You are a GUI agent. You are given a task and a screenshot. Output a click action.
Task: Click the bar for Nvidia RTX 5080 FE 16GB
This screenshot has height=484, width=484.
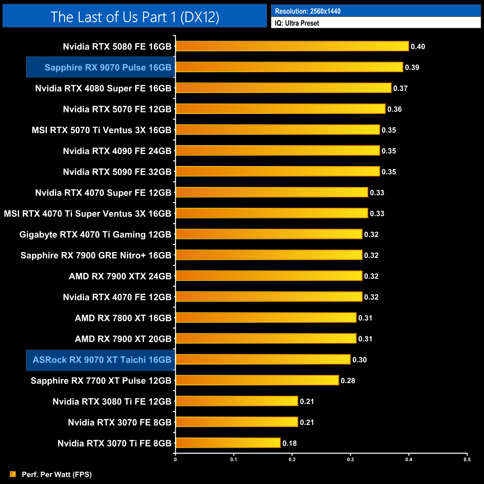[x=292, y=46]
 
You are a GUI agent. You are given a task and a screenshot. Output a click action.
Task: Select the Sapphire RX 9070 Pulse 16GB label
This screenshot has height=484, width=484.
[x=108, y=67]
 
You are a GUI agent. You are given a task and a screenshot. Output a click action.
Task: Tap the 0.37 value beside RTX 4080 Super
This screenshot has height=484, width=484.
[x=400, y=88]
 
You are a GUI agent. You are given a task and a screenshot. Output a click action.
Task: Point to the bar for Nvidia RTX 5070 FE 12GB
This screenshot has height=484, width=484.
[x=280, y=109]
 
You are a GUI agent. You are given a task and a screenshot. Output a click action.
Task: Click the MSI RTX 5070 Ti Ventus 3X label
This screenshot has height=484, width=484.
[x=101, y=130]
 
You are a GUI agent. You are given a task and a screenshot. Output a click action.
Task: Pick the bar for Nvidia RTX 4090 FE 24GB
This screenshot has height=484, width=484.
[x=278, y=150]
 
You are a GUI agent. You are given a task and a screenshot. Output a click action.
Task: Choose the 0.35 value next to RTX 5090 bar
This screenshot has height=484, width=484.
[x=389, y=172]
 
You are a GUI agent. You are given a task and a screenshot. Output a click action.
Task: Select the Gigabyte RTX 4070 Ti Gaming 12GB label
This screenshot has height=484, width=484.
[x=95, y=235]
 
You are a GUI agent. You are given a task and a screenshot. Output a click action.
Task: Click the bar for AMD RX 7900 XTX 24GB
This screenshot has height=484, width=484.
[x=269, y=276]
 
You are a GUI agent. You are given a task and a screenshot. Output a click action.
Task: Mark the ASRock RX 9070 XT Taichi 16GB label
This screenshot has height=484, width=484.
[x=102, y=360]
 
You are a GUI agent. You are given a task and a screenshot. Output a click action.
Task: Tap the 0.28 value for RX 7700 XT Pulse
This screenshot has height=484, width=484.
[x=348, y=380]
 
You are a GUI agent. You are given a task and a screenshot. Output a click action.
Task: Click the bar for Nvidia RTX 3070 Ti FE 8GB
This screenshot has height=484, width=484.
[x=228, y=443]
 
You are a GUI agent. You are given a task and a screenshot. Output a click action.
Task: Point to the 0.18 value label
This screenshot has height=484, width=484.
[x=290, y=443]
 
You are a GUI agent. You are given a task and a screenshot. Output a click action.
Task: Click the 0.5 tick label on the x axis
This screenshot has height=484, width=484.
[x=467, y=459]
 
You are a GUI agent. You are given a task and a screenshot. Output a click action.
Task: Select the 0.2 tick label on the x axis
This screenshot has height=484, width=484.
[x=292, y=459]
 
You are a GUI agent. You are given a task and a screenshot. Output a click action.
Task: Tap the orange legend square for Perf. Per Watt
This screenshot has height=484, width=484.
[x=13, y=474]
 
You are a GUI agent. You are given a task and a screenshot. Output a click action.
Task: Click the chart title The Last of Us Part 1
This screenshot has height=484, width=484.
[x=135, y=17]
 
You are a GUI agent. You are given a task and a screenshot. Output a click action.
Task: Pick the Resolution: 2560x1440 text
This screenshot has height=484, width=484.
[x=308, y=11]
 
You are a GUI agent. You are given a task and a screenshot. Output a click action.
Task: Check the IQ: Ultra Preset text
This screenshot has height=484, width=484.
[x=297, y=23]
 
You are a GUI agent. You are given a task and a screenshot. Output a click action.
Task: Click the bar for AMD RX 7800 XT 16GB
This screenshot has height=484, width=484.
[x=266, y=318]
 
